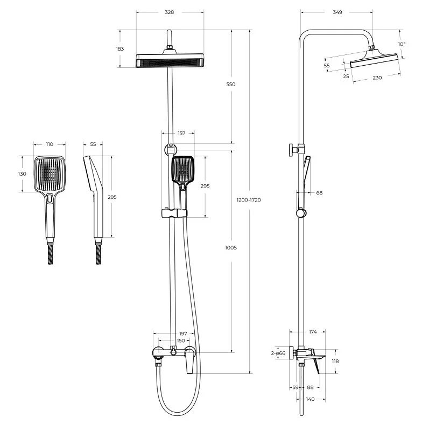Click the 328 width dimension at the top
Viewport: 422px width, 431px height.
point(170,12)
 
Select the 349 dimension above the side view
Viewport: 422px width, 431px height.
point(337,12)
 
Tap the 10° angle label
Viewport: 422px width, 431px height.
point(402,44)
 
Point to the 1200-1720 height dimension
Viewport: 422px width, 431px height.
point(249,200)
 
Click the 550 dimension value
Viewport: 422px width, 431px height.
point(230,84)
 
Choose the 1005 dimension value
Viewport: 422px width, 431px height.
point(230,248)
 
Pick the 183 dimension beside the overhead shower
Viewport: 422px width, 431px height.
point(120,49)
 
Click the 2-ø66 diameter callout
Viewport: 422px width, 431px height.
point(278,353)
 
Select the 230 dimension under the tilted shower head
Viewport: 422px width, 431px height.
point(377,78)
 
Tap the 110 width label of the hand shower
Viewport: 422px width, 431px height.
point(50,144)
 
